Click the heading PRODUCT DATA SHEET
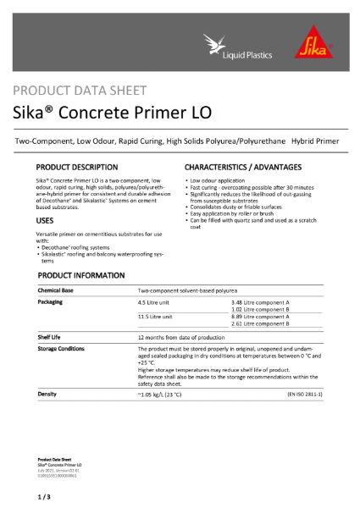point(80,91)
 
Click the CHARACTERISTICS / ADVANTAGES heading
point(243,168)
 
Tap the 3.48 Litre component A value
point(260,302)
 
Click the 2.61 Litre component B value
point(260,323)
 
